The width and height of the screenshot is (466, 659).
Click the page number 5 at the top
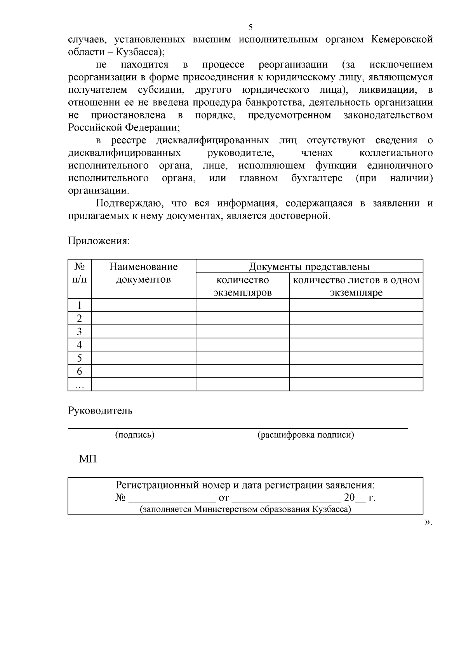(250, 27)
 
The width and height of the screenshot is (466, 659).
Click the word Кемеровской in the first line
(402, 40)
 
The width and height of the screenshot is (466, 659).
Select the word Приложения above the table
(99, 241)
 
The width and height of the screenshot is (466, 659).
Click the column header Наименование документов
(143, 273)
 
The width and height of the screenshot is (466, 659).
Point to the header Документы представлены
(309, 266)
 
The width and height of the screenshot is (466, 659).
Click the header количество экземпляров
(242, 286)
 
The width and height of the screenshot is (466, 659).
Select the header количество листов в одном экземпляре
(356, 286)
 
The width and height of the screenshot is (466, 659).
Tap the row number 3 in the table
(80, 331)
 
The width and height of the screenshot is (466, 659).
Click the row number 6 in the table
(80, 371)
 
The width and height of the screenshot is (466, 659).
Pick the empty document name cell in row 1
(143, 305)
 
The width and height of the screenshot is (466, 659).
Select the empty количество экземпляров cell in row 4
(242, 344)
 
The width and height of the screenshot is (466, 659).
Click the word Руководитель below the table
(100, 410)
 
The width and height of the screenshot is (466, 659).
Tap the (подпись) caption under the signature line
(135, 435)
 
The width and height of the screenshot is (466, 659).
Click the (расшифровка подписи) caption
(306, 435)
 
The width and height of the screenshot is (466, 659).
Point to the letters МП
(88, 459)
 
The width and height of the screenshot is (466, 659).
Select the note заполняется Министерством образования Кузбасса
(245, 509)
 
